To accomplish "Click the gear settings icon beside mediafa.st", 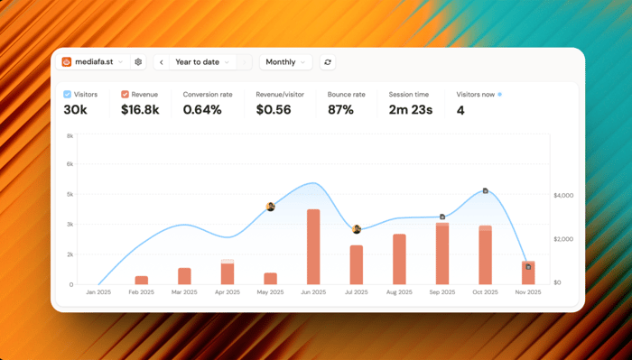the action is click(x=138, y=62).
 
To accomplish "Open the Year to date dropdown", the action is click(x=202, y=62).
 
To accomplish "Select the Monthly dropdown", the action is click(x=286, y=62).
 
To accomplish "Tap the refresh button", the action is click(x=328, y=62).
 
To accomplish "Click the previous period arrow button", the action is click(x=162, y=62).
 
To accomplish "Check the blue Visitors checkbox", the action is click(x=68, y=94).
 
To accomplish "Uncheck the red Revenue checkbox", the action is click(x=125, y=94).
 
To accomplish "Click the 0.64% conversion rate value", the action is click(x=202, y=109).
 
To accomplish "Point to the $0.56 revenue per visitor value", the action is click(x=274, y=109).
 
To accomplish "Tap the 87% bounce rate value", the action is click(x=340, y=109).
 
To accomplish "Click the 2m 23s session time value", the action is click(x=410, y=109).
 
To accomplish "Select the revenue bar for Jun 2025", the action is click(x=313, y=247).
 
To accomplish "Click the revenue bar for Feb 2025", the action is click(x=142, y=281).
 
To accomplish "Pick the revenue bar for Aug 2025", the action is click(x=399, y=259).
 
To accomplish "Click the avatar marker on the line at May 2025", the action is click(x=271, y=207).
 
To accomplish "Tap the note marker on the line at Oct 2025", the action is click(x=486, y=191).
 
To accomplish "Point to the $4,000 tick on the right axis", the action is click(x=563, y=195).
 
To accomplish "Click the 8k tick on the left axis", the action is click(x=70, y=136).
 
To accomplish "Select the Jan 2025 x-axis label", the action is click(x=98, y=292).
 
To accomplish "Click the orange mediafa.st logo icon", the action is click(x=67, y=62).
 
